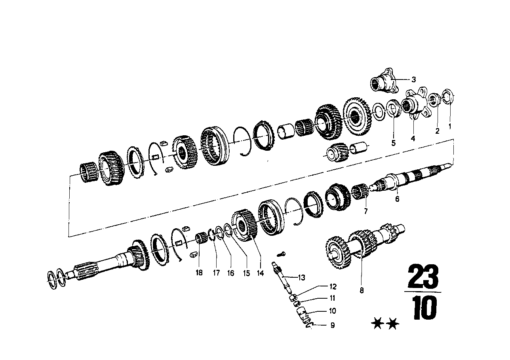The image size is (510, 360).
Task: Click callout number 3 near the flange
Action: [x=413, y=80]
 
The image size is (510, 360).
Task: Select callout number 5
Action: [x=394, y=143]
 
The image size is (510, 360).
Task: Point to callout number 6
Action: [x=397, y=199]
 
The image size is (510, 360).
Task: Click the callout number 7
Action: [x=365, y=212]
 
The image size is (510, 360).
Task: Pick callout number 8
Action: [x=361, y=291]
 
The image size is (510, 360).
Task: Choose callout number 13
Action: [x=302, y=278]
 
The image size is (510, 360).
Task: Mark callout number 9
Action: [x=332, y=326]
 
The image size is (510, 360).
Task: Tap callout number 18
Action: [x=199, y=273]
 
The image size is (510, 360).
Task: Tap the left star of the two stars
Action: [x=379, y=325]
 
